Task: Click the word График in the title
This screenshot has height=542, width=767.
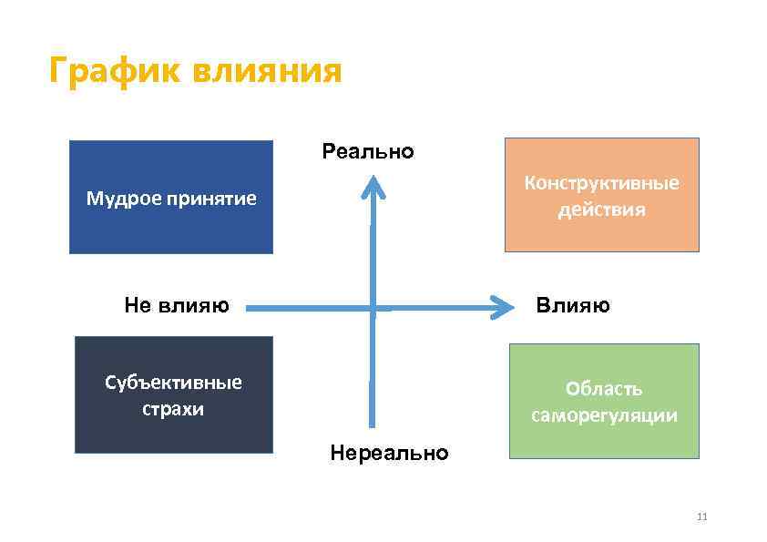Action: point(113,70)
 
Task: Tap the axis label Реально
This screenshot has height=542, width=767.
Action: point(368,151)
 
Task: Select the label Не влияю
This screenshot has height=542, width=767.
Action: point(177,305)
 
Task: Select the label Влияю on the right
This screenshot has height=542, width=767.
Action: point(573,305)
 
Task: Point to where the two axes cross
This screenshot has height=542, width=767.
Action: point(373,309)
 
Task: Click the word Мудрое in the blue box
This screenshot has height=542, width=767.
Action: point(118,198)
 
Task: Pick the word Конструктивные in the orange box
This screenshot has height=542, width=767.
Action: point(601,182)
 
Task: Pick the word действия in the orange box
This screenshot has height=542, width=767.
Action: point(601,210)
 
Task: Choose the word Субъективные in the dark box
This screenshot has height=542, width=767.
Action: point(173,382)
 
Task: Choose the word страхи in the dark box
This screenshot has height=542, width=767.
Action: point(173,408)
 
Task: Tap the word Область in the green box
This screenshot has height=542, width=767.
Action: point(604,389)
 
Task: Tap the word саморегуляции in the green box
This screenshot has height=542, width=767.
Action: point(604,416)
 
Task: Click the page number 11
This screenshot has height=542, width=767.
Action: point(701,516)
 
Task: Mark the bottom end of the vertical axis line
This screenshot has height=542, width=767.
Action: point(373,424)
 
